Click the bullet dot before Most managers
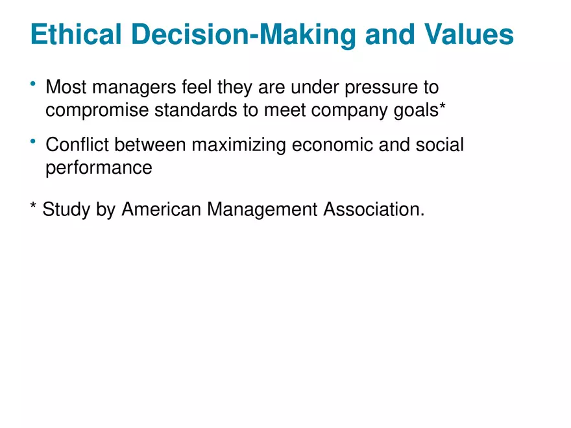32,84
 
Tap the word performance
99,169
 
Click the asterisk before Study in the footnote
33,208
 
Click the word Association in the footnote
373,209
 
